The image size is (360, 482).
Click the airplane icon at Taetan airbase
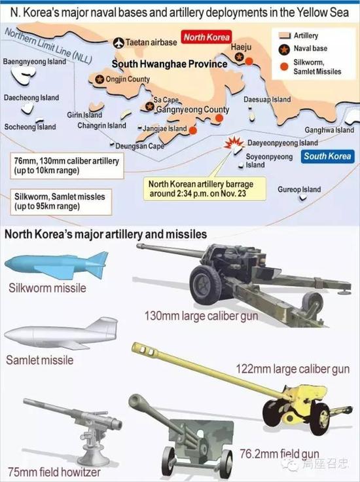(x=118, y=43)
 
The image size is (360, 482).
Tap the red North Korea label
(x=206, y=37)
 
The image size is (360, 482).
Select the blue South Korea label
(x=327, y=156)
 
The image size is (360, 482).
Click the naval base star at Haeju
(x=240, y=57)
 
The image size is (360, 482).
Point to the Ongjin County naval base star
(x=99, y=79)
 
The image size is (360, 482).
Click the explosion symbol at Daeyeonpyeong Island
(x=234, y=143)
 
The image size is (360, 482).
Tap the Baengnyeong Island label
(x=35, y=62)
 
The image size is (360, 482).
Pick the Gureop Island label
(x=299, y=189)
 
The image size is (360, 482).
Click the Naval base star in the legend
(x=285, y=49)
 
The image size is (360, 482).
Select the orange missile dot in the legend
(x=285, y=67)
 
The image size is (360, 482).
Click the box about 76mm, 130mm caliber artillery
(x=67, y=166)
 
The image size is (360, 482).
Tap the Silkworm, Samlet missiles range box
(x=61, y=202)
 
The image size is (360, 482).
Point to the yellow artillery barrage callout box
(x=205, y=189)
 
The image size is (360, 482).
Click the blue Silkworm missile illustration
(x=57, y=265)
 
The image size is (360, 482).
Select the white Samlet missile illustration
(x=62, y=333)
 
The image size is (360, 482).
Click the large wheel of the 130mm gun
(x=205, y=285)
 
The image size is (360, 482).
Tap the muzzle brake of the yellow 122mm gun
(x=145, y=350)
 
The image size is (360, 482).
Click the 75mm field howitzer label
(x=54, y=472)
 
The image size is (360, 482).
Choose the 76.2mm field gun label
(x=279, y=454)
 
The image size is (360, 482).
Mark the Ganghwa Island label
(x=329, y=130)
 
